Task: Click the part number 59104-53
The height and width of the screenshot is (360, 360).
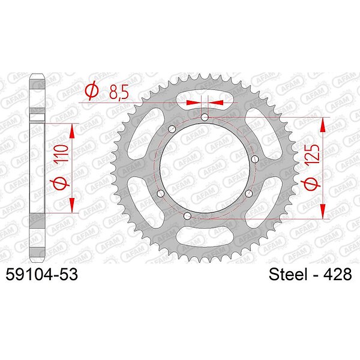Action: click(42, 274)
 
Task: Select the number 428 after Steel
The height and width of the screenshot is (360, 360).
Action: click(337, 274)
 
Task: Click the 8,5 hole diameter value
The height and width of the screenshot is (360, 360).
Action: click(119, 92)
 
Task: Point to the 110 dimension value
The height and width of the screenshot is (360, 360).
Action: click(61, 153)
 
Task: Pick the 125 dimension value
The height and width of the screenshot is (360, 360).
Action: click(312, 154)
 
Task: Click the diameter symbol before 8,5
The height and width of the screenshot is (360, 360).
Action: click(92, 92)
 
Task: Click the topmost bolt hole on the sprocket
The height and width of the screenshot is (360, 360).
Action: click(205, 118)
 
